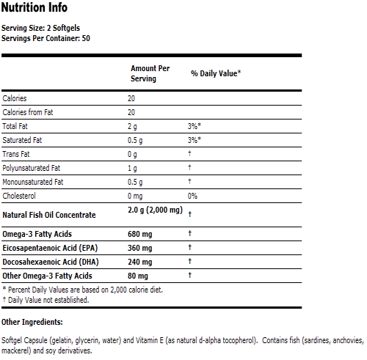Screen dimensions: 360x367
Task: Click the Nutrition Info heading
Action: tap(34, 8)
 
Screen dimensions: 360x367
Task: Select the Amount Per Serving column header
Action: tap(150, 73)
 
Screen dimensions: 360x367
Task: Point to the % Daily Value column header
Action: tap(216, 73)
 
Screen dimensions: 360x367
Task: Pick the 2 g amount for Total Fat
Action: tap(133, 126)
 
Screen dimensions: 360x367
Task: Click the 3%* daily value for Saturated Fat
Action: tap(195, 140)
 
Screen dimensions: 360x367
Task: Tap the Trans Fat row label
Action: tap(17, 154)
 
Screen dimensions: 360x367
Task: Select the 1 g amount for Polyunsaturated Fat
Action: tap(133, 168)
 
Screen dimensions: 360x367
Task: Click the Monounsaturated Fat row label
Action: tap(33, 182)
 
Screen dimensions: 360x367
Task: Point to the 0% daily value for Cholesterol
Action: tap(192, 196)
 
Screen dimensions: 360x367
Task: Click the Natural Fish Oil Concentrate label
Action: tap(49, 214)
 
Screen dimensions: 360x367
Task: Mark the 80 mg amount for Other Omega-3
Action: tap(137, 275)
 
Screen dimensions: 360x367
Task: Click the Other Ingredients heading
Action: tap(32, 322)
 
